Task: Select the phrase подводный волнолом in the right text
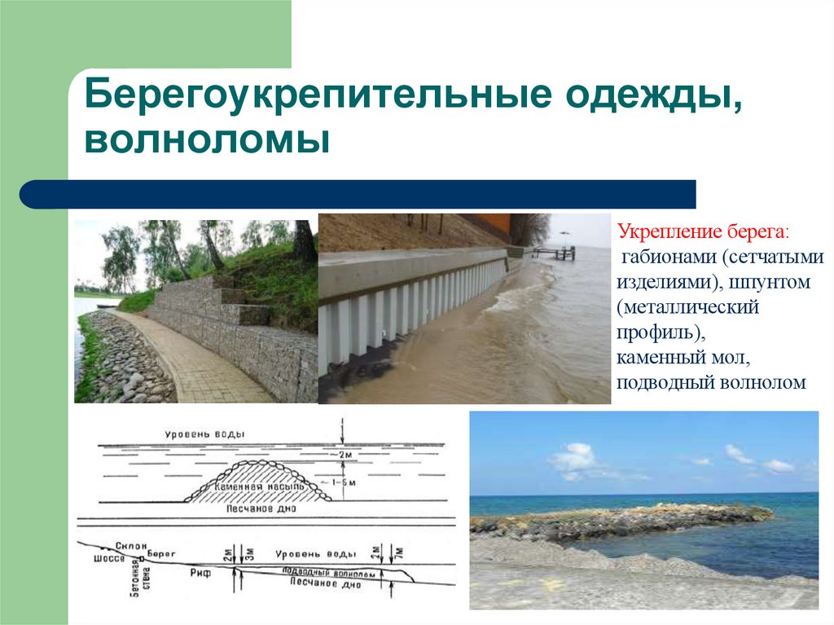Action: (710, 382)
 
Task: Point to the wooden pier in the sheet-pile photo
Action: (562, 253)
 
